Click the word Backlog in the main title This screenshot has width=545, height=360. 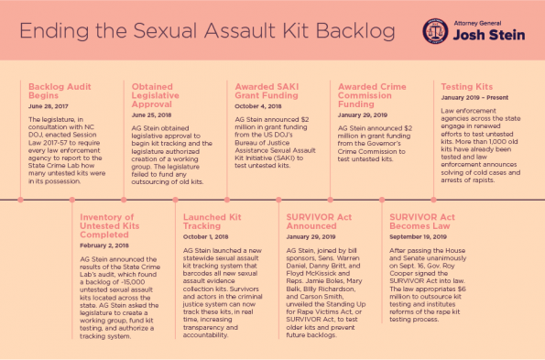352,30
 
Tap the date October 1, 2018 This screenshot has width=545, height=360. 199,236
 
